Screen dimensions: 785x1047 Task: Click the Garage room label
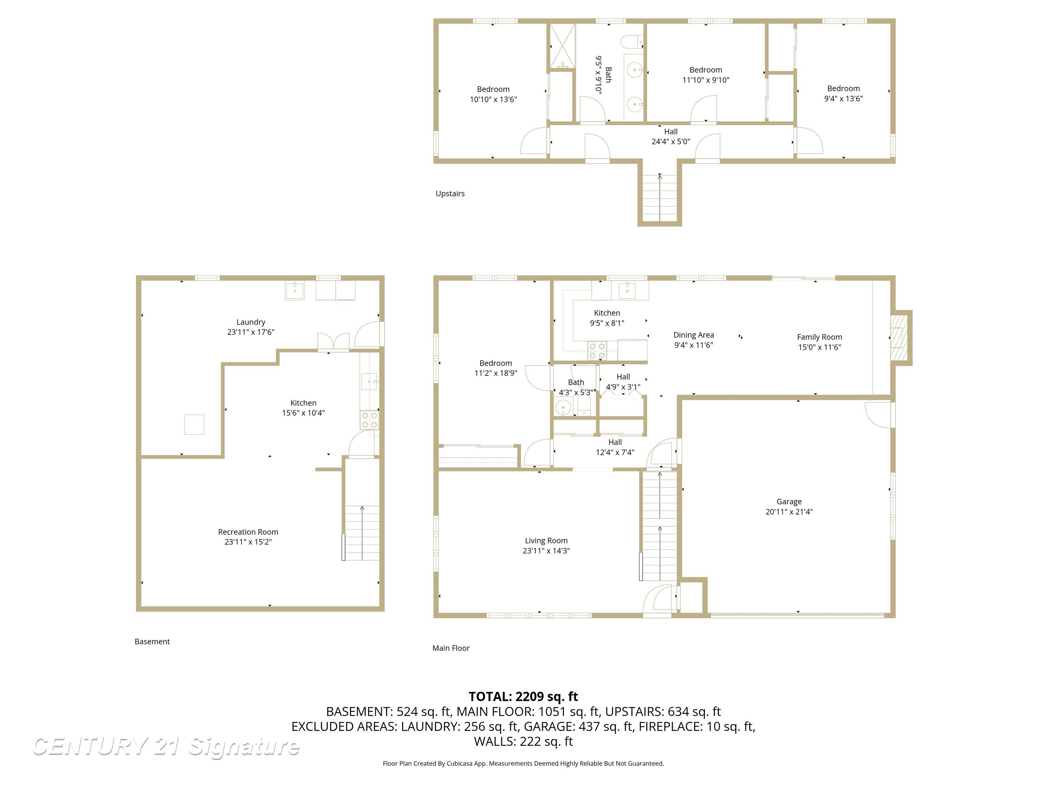(789, 502)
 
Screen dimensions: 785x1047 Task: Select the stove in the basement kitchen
(369, 420)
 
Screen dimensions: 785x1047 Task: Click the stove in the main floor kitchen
(597, 351)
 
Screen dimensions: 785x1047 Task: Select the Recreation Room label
(248, 532)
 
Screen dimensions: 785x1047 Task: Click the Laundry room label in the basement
(251, 322)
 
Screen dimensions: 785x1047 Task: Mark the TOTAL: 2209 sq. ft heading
(523, 696)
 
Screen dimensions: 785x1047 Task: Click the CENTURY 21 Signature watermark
(166, 747)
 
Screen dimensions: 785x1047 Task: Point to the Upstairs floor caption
(450, 194)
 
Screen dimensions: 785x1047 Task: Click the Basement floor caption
(152, 642)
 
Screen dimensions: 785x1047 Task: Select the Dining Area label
(694, 335)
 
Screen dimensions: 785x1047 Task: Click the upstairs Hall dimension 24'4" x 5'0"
(671, 141)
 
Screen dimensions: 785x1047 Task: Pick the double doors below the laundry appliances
(333, 342)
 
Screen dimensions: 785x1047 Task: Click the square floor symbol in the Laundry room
(194, 425)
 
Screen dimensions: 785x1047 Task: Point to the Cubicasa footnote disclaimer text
(523, 763)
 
